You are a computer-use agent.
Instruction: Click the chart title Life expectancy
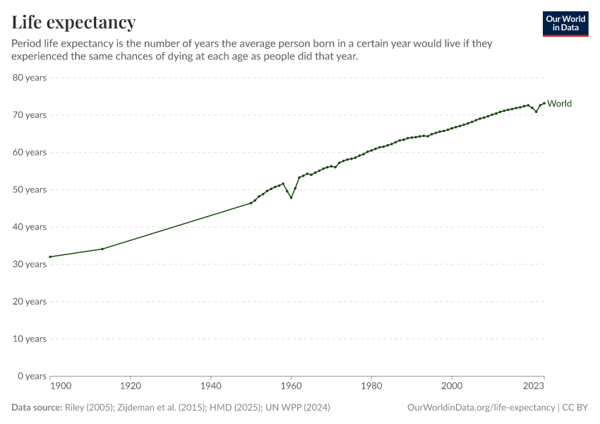click(x=73, y=23)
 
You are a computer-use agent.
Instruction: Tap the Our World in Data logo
click(x=565, y=23)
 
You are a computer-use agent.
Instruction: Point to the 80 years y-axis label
click(x=30, y=78)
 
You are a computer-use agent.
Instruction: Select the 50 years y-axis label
click(x=30, y=189)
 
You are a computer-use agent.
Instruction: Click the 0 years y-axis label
click(x=32, y=376)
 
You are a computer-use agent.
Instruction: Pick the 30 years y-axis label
click(x=30, y=264)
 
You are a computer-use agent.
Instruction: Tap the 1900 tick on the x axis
click(x=61, y=386)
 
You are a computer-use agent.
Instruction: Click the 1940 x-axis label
click(x=210, y=386)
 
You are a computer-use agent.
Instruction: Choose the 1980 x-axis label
click(x=371, y=386)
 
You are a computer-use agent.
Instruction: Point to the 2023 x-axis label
click(x=534, y=386)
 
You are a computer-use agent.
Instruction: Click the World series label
click(x=559, y=104)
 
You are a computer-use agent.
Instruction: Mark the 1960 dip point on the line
click(x=291, y=197)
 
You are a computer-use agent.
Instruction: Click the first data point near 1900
click(x=51, y=257)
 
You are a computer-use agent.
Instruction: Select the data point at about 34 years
click(x=102, y=249)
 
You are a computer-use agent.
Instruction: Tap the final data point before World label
click(x=544, y=103)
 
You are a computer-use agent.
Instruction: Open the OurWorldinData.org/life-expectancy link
click(x=481, y=408)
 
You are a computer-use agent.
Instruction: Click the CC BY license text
click(x=575, y=408)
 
